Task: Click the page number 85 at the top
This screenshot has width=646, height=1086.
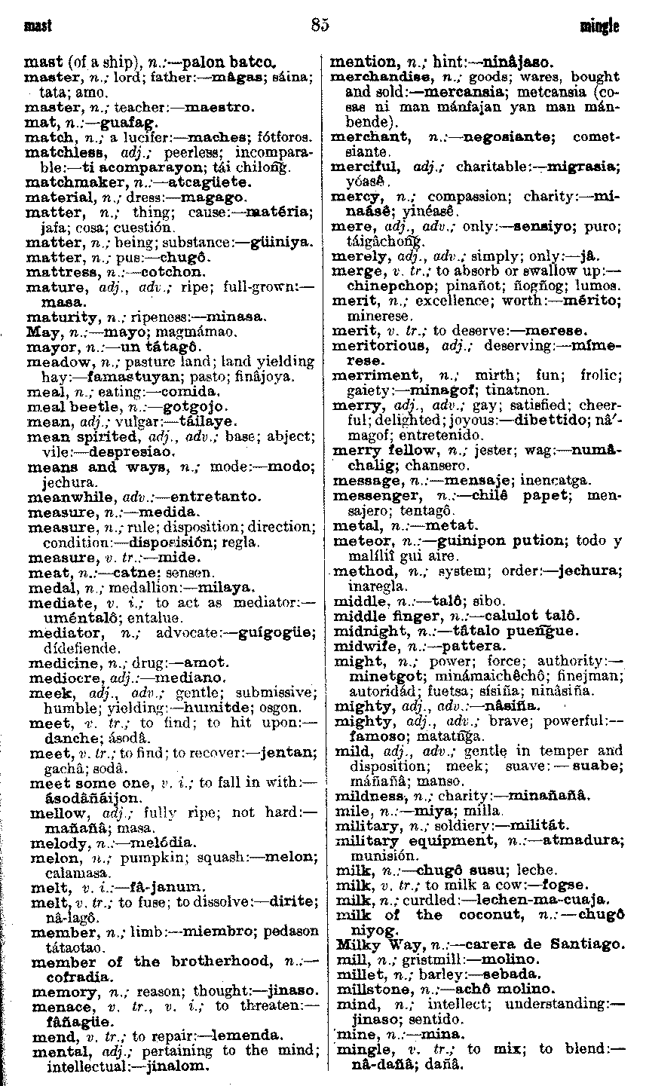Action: (x=320, y=26)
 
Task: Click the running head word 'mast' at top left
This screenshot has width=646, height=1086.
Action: (x=38, y=27)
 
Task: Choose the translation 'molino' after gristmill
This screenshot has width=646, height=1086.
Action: (x=511, y=959)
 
